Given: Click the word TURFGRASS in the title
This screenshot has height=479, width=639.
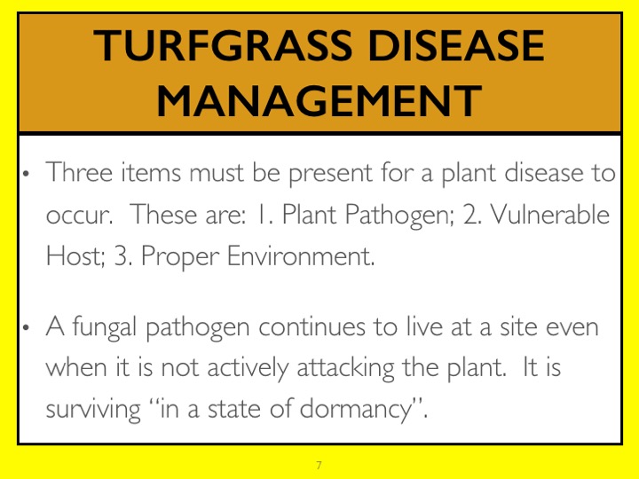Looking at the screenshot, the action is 223,45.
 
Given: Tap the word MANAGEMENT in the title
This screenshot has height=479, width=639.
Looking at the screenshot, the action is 319,100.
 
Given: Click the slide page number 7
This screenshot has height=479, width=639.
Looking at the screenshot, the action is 319,465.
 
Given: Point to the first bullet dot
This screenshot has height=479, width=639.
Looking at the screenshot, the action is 27,174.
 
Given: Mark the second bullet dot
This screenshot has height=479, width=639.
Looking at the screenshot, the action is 27,327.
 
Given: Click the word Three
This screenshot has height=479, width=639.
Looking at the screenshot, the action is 79,172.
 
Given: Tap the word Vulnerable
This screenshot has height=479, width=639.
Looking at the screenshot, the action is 549,214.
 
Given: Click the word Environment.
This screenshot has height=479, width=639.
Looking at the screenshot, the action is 301,255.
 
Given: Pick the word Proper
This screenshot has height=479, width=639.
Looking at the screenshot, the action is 180,257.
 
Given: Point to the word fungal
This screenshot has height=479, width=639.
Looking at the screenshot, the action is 105,328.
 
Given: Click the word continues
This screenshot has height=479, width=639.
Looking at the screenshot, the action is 312,327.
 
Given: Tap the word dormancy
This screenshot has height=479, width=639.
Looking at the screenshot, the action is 357,409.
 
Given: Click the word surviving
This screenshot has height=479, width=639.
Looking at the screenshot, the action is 93,409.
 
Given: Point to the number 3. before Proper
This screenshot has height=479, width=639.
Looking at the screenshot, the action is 123,255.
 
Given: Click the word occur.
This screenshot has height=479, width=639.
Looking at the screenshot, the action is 79,216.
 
